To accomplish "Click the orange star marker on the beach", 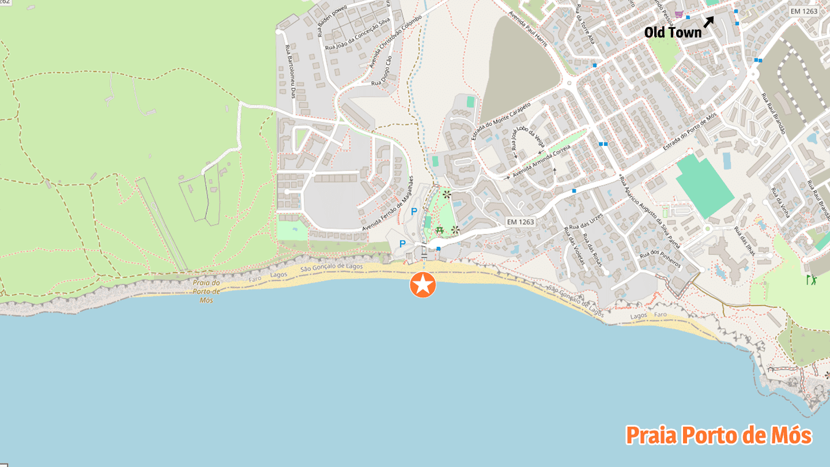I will click(x=422, y=285).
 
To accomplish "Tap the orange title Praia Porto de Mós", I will click(x=719, y=435).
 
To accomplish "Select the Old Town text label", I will click(x=673, y=32).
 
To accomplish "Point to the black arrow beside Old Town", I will click(x=708, y=21).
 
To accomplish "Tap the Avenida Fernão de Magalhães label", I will click(x=388, y=205).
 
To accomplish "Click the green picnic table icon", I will click(x=439, y=231).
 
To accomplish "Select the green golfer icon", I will click(x=813, y=280).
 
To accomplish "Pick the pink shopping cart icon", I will click(x=679, y=14).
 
